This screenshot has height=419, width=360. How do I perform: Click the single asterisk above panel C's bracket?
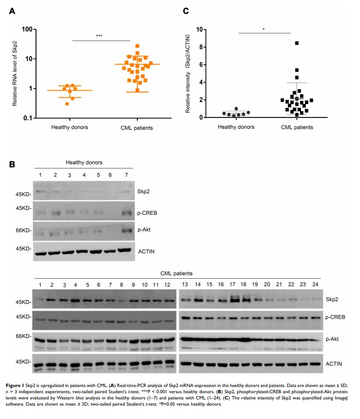point(264,29)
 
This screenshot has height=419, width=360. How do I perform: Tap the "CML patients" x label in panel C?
point(296,127)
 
